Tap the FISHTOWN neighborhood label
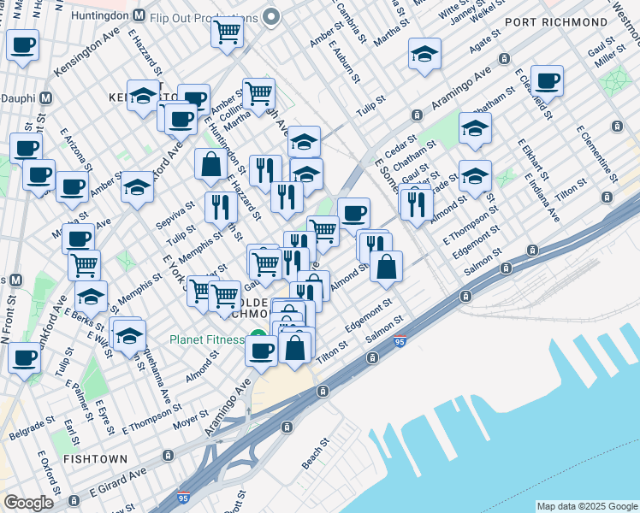[95, 459]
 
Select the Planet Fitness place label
[207, 339]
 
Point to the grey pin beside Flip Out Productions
[272, 17]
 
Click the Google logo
[28, 503]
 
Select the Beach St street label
[315, 454]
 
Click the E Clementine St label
[597, 155]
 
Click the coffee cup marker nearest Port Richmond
[547, 83]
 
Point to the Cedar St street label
[400, 145]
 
